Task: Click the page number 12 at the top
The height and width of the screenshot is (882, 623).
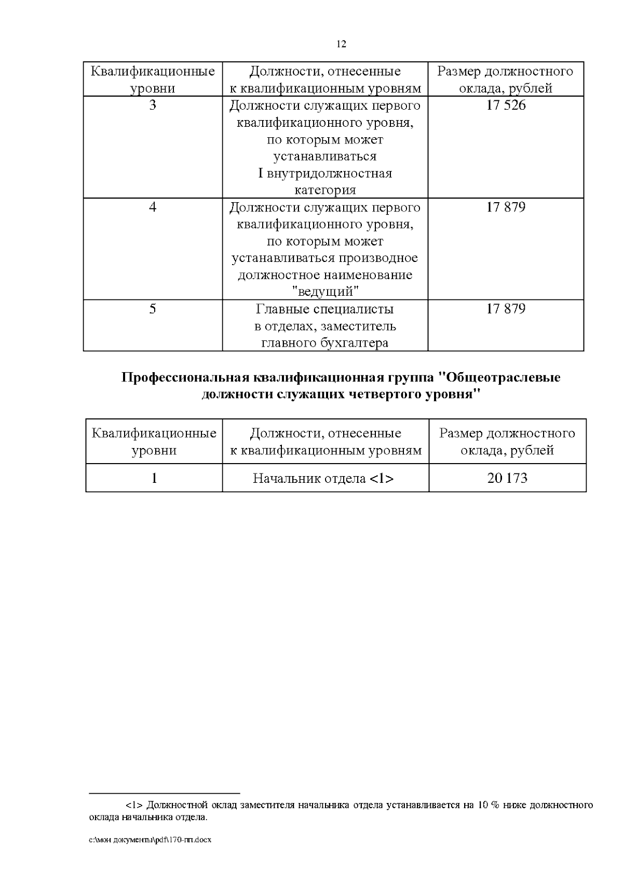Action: point(341,44)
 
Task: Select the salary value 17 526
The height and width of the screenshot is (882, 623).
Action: point(506,106)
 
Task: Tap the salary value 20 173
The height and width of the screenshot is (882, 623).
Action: point(507,478)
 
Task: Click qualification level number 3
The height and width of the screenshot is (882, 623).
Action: point(153,106)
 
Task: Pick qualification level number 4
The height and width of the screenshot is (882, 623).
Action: point(153,207)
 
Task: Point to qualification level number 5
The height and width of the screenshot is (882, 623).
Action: point(153,309)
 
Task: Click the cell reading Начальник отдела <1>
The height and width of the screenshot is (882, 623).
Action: point(323,478)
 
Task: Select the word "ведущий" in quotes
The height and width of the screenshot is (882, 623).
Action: point(325,292)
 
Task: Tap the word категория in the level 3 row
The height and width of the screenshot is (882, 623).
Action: point(325,190)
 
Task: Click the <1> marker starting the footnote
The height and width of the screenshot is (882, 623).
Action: point(134,806)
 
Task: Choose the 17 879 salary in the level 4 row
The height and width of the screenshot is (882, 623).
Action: point(506,207)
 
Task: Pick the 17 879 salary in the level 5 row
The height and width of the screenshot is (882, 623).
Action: point(506,309)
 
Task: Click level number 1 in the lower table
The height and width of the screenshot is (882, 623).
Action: point(154,478)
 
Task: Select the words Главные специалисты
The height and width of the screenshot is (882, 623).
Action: point(325,309)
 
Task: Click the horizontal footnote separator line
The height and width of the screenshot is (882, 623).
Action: point(164,794)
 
